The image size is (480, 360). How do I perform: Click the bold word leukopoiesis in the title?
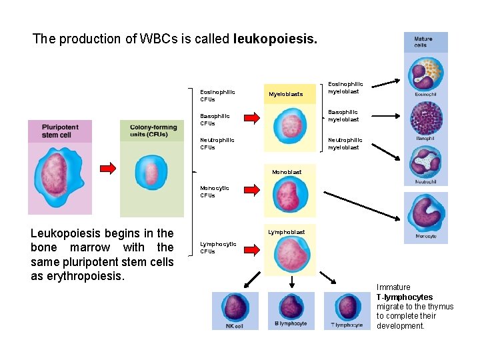[275, 39]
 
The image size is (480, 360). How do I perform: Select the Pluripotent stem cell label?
[60, 131]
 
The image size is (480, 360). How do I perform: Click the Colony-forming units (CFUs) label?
[153, 131]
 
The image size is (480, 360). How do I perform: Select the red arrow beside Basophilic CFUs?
[251, 119]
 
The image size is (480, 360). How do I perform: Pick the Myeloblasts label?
[285, 95]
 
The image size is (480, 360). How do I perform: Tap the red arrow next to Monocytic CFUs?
[251, 191]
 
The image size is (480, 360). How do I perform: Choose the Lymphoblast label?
[287, 232]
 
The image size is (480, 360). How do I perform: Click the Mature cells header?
[425, 42]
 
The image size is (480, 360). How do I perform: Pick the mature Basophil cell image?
[426, 117]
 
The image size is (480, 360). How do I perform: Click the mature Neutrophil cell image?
[426, 160]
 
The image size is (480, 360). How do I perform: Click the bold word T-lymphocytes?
[404, 297]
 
